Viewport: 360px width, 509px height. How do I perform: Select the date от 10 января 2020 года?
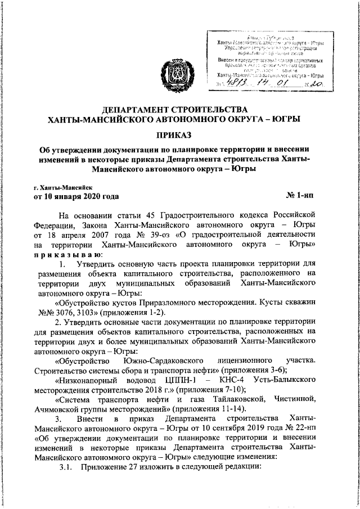(76, 196)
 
